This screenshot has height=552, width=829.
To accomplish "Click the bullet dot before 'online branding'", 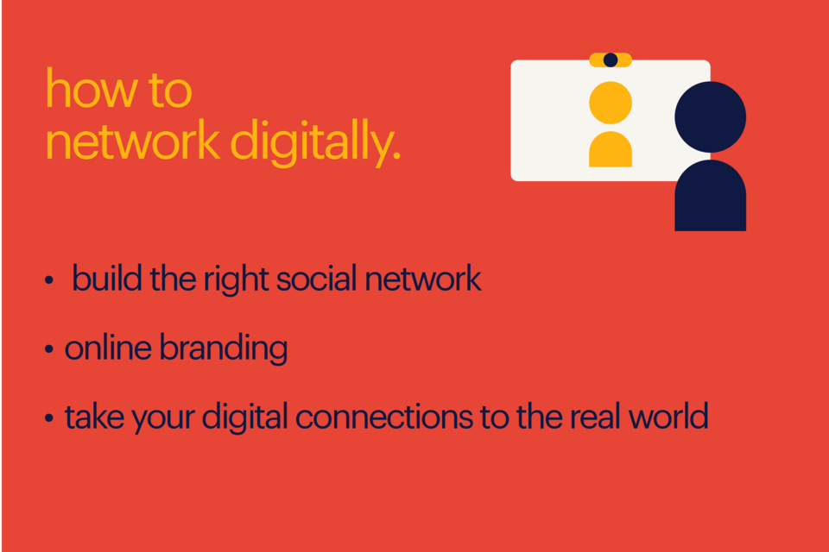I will pyautogui.click(x=49, y=350).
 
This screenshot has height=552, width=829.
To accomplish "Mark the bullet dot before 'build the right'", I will pyautogui.click(x=49, y=281).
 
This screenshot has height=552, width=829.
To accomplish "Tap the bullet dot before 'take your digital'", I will pyautogui.click(x=49, y=419).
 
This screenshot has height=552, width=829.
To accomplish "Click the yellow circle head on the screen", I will pyautogui.click(x=611, y=103).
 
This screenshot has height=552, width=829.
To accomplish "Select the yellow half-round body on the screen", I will pyautogui.click(x=611, y=151).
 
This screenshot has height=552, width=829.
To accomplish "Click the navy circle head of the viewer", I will pyautogui.click(x=710, y=117).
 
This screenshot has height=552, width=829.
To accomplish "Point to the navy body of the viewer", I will pyautogui.click(x=710, y=198).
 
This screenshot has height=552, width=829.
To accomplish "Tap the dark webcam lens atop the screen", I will pyautogui.click(x=611, y=60).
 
